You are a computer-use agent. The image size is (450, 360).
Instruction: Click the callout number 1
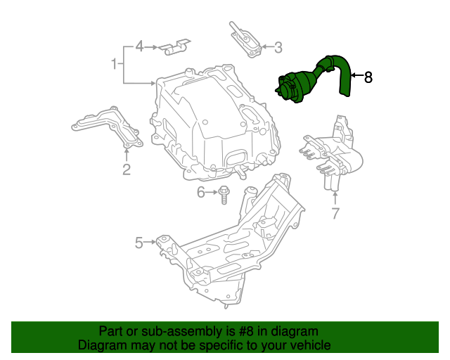tap(113, 65)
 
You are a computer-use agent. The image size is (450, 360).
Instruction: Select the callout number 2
tap(127, 169)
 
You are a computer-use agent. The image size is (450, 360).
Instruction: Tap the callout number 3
tap(278, 48)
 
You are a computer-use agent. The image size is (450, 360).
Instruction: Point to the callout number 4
tap(139, 46)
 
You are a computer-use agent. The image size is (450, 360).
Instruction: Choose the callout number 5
tap(139, 243)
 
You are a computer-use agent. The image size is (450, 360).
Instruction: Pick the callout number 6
tap(201, 192)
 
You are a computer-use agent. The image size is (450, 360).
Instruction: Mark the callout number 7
tap(335, 212)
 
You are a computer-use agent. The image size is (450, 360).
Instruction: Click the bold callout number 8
tap(368, 77)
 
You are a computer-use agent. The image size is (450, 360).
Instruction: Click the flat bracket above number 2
tap(107, 126)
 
